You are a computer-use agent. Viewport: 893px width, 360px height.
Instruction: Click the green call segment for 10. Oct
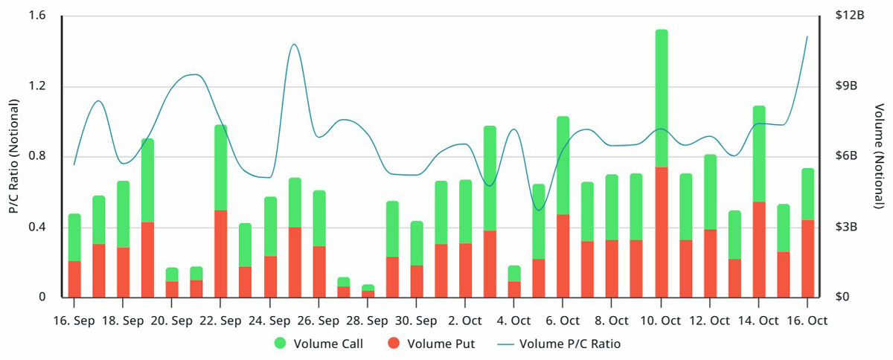coord(662,98)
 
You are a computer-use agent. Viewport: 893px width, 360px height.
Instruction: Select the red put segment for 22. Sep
coord(221,254)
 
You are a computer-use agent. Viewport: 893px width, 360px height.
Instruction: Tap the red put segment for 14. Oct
coord(759,250)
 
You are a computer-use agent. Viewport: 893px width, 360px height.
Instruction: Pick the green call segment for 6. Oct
coord(563,165)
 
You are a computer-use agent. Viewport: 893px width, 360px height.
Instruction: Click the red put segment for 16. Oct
coord(807,258)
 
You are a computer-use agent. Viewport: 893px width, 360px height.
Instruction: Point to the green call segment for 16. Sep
coord(74,237)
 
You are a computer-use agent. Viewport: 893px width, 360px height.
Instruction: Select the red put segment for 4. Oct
coord(514,289)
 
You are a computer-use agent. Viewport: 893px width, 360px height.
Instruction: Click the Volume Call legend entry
coord(319,344)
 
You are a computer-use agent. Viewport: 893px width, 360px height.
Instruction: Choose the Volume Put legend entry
coord(432,344)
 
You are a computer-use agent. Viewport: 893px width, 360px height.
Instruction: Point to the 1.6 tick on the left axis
coord(37,16)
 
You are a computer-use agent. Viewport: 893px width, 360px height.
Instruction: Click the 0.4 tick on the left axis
coord(37,227)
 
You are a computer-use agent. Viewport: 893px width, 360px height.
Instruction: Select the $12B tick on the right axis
coord(850,15)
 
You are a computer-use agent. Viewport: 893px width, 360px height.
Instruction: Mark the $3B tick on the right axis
coord(846,227)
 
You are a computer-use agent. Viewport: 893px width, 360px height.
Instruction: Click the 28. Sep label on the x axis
coord(367,321)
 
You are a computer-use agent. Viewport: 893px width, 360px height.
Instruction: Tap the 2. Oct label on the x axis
coord(465,321)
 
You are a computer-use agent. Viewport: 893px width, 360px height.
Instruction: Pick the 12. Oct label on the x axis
coord(710,321)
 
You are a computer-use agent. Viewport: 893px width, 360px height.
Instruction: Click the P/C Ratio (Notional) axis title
coord(14,156)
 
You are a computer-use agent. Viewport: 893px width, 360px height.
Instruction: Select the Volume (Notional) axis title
coord(879,156)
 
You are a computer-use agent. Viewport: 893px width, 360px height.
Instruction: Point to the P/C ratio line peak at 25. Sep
coord(294,44)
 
